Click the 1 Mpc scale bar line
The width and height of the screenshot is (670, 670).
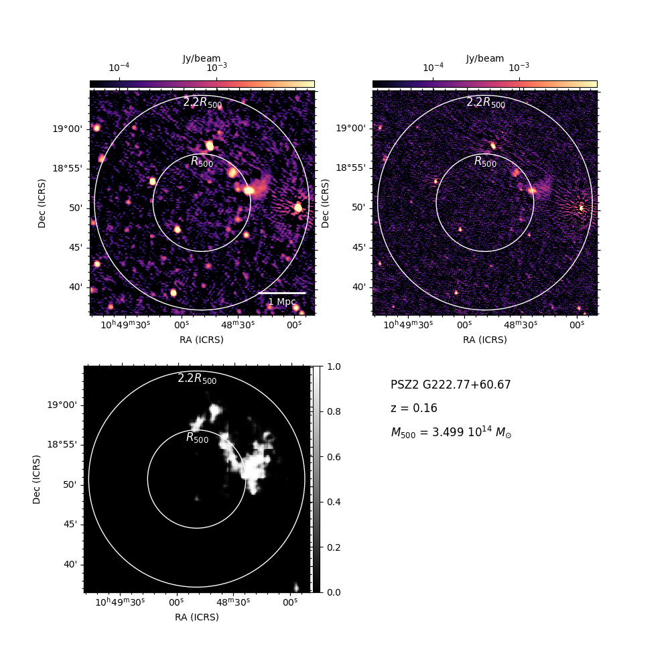282,293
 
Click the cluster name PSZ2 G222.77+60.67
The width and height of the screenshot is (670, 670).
450,385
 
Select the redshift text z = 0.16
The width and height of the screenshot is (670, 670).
413,408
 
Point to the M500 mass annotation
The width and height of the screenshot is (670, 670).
451,432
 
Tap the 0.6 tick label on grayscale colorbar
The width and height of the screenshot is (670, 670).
334,457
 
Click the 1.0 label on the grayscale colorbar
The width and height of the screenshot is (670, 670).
334,366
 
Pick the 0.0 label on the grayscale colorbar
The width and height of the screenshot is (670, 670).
334,592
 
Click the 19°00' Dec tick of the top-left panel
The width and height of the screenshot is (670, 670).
68,129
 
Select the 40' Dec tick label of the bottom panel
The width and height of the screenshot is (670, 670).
70,564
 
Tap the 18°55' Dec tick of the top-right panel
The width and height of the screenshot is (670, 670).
351,167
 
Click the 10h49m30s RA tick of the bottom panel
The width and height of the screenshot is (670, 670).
120,602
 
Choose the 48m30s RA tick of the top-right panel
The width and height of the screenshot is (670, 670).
521,325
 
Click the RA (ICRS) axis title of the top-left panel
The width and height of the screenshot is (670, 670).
201,340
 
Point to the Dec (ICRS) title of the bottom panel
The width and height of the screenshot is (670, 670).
36,480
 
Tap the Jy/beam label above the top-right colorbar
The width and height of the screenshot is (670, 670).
484,58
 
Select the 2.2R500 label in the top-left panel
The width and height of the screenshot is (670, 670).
202,103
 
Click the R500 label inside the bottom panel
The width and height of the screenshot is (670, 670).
197,438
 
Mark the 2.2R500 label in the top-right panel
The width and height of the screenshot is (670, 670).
485,103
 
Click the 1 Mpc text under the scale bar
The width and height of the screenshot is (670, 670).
282,301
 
